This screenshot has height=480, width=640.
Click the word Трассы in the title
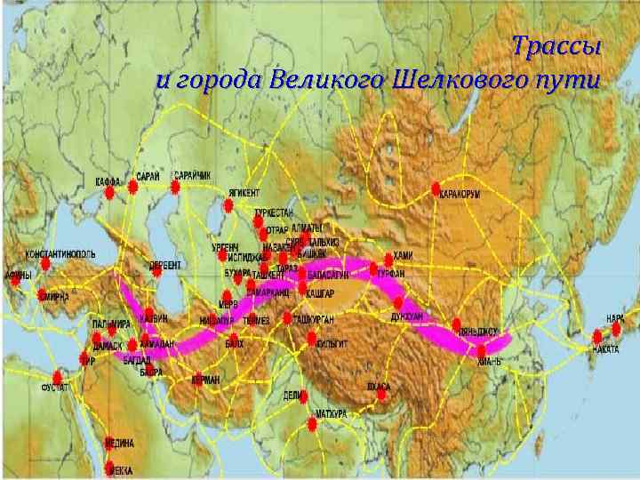click(x=556, y=46)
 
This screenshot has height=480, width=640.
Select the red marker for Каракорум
click(x=436, y=188)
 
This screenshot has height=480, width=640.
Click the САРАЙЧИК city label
click(x=192, y=175)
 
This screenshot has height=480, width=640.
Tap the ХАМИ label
click(x=403, y=256)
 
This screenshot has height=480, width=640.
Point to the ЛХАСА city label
click(x=379, y=387)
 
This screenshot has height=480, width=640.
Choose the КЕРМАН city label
click(x=206, y=379)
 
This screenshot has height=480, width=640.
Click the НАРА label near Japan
click(x=614, y=317)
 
